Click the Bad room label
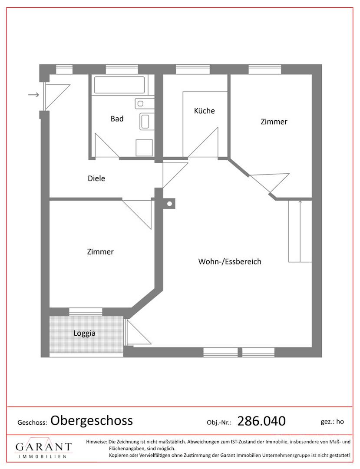pos(117,119)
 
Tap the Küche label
pos(205,111)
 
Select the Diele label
pos(96,178)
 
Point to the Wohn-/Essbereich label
pos(230,261)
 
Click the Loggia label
pos(84,333)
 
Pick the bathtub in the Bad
pos(119,85)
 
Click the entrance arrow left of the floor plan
pos(33,95)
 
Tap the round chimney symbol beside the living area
pos(169,204)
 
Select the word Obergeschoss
pos(92,420)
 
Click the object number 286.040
pos(261,421)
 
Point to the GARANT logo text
pos(43,447)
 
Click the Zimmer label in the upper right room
pos(274,122)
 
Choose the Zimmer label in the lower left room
pos(100,252)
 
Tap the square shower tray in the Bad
pos(144,148)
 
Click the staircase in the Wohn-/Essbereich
pos(300,231)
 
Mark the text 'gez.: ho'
pos(332,422)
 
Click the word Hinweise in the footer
pos(96,442)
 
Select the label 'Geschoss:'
pos(32,423)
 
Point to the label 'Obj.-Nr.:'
pos(219,423)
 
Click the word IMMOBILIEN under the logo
pos(43,457)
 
